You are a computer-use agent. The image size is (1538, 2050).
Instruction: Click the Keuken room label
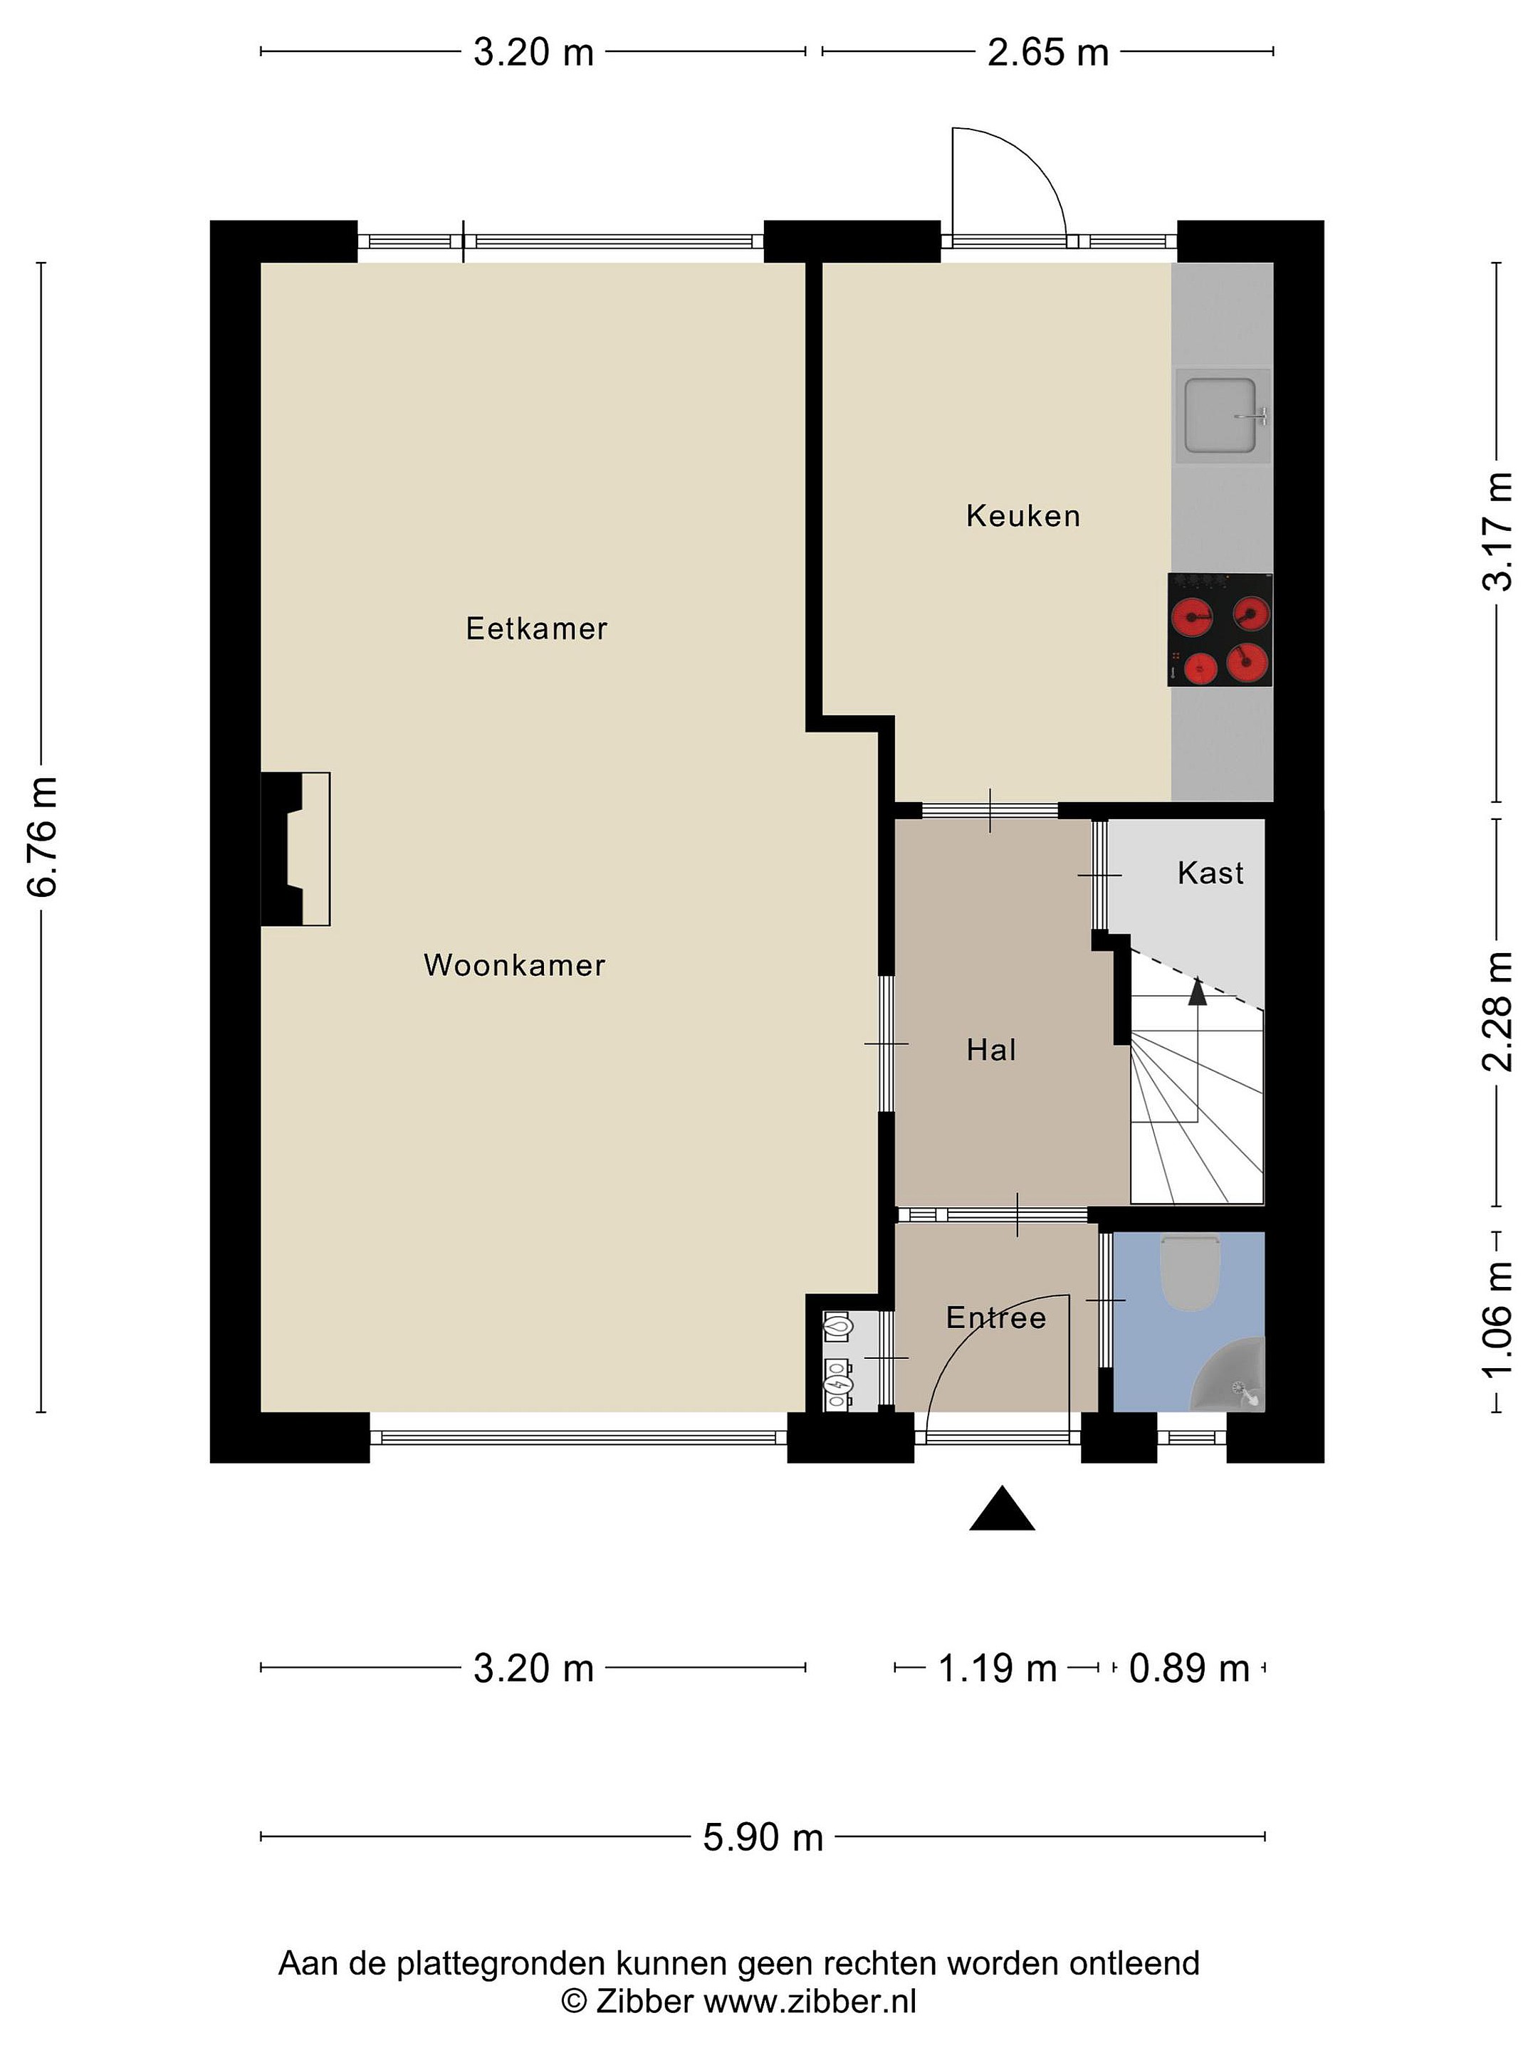[1022, 515]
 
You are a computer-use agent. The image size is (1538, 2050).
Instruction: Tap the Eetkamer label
[536, 629]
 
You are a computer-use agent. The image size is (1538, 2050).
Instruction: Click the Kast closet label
[1210, 872]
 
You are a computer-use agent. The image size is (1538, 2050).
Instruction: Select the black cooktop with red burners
[1220, 630]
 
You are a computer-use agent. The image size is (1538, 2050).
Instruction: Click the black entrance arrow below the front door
[1002, 1508]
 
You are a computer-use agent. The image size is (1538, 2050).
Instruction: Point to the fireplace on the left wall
[295, 849]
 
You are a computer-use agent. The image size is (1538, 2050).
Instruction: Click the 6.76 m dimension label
[43, 838]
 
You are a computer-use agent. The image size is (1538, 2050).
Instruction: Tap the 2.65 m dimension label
[1047, 52]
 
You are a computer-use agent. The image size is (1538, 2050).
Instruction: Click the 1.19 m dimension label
[998, 1668]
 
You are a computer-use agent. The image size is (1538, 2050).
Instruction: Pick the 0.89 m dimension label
[1189, 1668]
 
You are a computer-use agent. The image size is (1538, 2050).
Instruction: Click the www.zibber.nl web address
[810, 2002]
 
